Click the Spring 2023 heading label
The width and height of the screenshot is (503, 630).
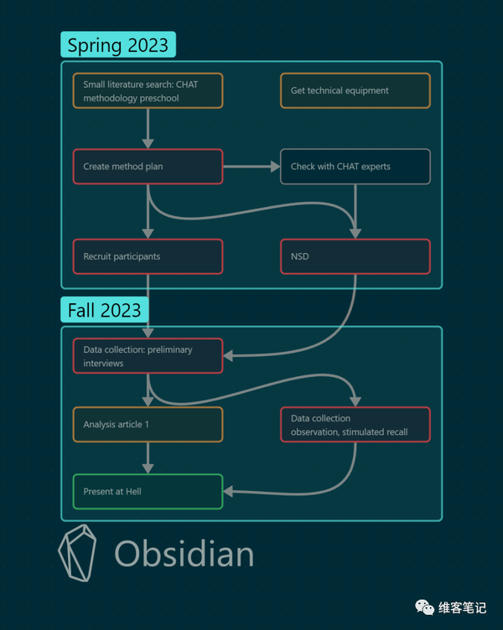point(118,44)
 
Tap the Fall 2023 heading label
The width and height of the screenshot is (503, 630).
point(105,310)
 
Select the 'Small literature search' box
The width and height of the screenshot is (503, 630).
point(148,90)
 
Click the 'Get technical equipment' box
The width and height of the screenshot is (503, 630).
point(355,90)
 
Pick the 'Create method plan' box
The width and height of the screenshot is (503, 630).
point(148,167)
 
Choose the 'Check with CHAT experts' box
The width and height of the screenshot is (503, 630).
point(355,167)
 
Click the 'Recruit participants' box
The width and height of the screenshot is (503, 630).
point(148,256)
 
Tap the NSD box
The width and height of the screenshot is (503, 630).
point(355,256)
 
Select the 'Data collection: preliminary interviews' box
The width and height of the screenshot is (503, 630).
point(148,356)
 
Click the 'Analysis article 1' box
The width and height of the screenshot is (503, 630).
point(148,425)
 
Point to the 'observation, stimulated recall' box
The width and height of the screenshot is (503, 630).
point(355,425)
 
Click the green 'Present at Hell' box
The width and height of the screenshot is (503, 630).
point(148,492)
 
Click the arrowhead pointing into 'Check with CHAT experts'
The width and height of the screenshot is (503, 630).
point(276,167)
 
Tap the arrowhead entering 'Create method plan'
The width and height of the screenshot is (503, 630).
point(148,144)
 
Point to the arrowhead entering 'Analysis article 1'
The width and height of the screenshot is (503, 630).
point(148,401)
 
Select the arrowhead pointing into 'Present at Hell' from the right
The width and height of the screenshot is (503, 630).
point(228,492)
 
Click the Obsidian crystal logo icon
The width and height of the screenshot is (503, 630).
point(78,553)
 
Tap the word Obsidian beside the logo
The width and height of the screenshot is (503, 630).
point(184,554)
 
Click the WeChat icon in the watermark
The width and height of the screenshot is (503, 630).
point(424,607)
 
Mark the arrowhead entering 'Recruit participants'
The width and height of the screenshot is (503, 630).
point(148,234)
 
